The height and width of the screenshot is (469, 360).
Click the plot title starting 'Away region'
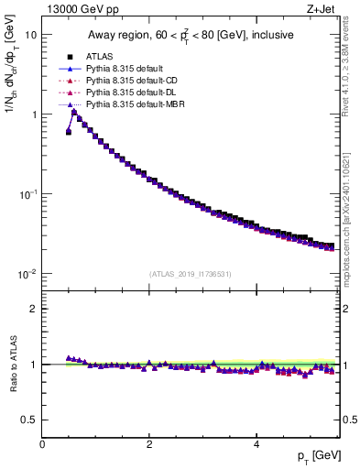190,36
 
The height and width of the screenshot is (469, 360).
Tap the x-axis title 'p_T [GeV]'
311,455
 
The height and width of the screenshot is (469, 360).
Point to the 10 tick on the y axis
30,34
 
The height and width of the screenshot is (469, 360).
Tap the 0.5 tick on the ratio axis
29,420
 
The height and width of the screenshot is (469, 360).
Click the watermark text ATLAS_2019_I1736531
190,274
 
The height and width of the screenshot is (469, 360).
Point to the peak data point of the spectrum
74,112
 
